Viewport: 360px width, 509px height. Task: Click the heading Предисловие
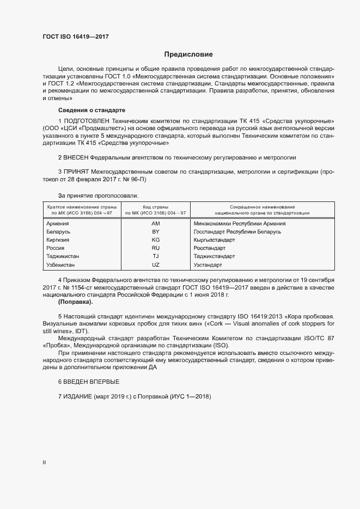tap(189, 54)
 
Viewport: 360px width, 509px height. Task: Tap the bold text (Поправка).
tap(75, 302)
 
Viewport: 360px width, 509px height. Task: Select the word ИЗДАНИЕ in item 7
tap(78, 397)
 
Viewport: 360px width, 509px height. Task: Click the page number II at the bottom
tap(45, 463)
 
